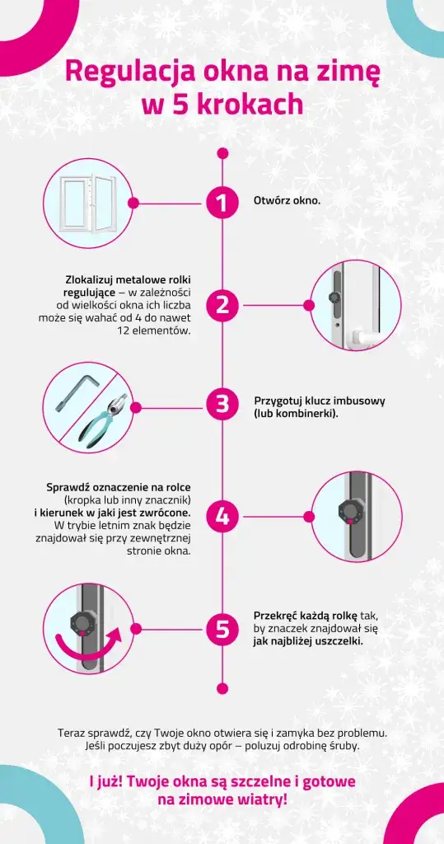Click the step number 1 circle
click(x=222, y=203)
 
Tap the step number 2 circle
click(x=222, y=305)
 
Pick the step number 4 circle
click(x=222, y=517)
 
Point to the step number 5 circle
click(x=222, y=628)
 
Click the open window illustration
click(x=87, y=204)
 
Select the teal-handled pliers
click(x=104, y=416)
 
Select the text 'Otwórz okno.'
click(x=287, y=201)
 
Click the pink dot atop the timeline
click(x=222, y=154)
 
